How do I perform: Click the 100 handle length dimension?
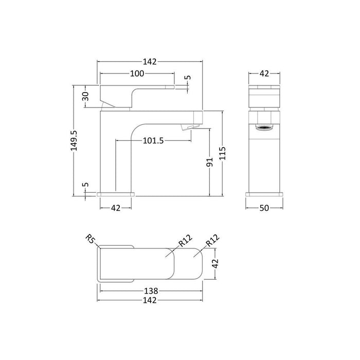137,74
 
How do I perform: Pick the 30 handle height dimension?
86,96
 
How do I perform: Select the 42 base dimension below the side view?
116,208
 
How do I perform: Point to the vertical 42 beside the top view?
217,262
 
